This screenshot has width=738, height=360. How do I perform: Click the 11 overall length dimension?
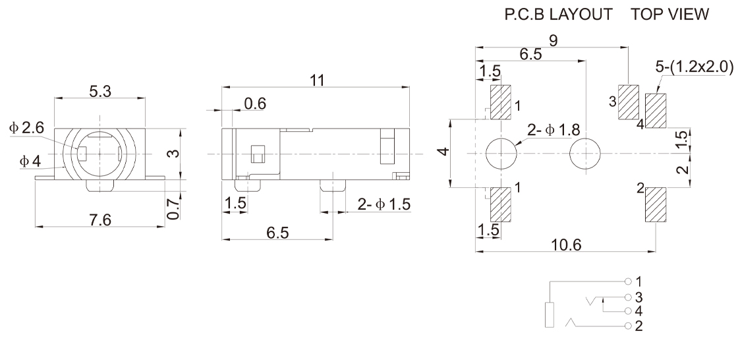coord(316,80)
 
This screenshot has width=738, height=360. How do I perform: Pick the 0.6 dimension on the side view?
coord(255,104)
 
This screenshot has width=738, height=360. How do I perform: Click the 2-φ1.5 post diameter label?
coord(383,204)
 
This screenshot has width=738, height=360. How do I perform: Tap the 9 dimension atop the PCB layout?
coord(553,41)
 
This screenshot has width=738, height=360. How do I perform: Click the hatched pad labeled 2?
coord(656,205)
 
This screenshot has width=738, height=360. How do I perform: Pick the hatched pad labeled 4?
coord(656,110)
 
